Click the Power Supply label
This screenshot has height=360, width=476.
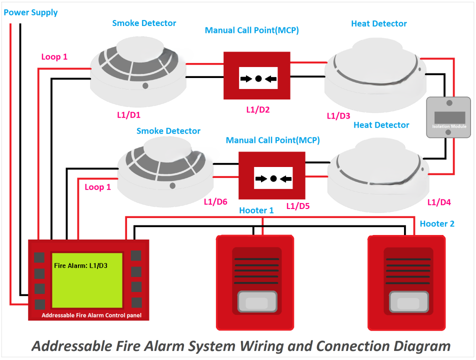click(30, 12)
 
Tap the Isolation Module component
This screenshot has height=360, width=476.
click(447, 117)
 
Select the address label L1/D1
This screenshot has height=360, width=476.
click(128, 114)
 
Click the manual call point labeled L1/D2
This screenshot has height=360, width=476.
click(257, 75)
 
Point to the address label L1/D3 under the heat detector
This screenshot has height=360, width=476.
click(338, 115)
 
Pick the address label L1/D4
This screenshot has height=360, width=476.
click(439, 202)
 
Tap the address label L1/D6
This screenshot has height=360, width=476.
click(215, 201)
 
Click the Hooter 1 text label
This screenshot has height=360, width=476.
click(256, 210)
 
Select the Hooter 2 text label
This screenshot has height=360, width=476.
click(437, 223)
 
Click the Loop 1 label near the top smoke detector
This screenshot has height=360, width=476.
click(54, 57)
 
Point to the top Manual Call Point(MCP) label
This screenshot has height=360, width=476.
click(252, 30)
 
